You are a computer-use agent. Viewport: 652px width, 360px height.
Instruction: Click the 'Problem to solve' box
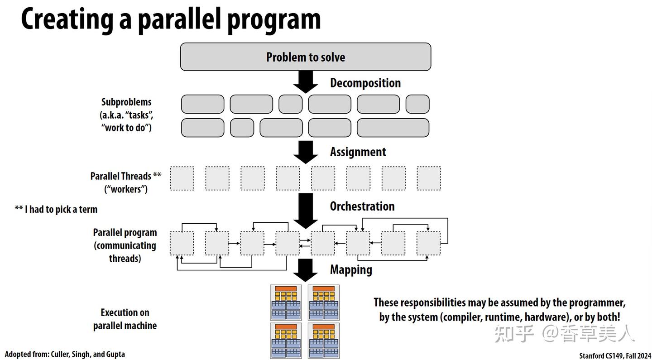tap(305, 57)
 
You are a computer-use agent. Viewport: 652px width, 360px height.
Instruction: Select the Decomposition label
tap(365, 83)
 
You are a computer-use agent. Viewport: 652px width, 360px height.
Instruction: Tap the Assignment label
tap(358, 152)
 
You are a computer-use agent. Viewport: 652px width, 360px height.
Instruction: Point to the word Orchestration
tap(362, 206)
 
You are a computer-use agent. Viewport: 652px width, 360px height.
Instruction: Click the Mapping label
tap(351, 270)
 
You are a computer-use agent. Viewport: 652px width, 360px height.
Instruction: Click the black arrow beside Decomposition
tap(306, 82)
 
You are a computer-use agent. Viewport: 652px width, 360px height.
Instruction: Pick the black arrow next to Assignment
tap(306, 152)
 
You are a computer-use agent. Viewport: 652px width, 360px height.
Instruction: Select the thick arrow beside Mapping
tap(305, 270)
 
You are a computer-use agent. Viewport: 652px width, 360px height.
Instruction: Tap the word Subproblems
tap(126, 102)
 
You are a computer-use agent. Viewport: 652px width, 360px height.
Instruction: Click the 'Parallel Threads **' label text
tap(126, 176)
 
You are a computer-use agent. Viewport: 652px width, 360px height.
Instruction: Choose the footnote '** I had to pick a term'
tap(56, 209)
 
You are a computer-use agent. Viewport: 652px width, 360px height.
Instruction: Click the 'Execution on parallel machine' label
tap(125, 319)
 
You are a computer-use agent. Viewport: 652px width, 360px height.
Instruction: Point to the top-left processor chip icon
tap(286, 302)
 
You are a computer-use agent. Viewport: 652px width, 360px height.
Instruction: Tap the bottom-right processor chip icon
tap(324, 341)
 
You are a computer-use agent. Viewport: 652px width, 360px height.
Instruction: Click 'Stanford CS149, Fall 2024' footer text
tap(615, 355)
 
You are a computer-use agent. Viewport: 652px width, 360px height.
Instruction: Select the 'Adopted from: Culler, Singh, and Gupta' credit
tap(65, 354)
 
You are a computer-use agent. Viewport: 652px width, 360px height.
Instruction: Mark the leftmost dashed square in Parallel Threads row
tap(182, 178)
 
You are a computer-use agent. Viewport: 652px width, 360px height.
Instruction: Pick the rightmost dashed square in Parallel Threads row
tap(429, 178)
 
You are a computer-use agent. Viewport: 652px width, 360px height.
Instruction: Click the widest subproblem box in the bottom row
tap(393, 128)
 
